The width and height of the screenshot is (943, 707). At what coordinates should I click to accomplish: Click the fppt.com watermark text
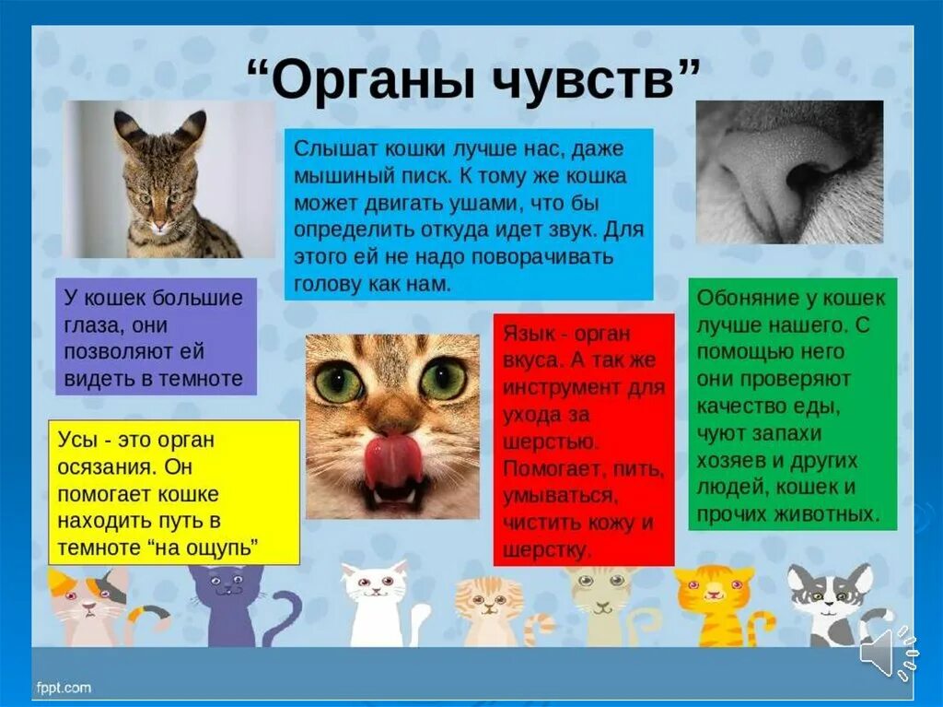click(x=64, y=687)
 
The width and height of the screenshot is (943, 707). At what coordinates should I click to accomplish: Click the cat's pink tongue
click(x=393, y=461)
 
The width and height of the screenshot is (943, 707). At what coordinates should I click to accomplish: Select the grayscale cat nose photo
click(x=789, y=172)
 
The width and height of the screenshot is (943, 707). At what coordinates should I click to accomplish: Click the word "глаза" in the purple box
click(x=91, y=325)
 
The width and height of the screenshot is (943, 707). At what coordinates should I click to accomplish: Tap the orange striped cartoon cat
click(x=715, y=604)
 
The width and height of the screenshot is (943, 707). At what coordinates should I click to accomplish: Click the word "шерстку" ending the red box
click(x=545, y=550)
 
